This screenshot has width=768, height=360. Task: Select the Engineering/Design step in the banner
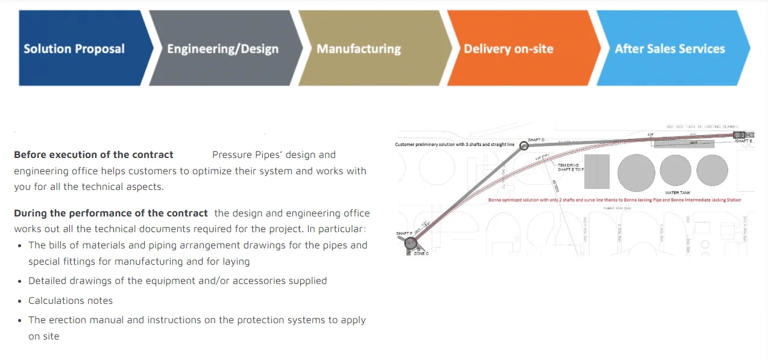pos(223,48)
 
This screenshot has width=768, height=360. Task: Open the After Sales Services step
pos(669,48)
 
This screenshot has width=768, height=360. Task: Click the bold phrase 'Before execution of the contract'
pos(93,155)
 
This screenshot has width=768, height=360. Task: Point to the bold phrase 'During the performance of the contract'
pos(111,213)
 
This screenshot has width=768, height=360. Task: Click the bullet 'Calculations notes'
pos(71,300)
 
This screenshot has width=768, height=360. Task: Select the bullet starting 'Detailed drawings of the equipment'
pos(177,280)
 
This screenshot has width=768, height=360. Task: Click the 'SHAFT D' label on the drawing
pos(536,140)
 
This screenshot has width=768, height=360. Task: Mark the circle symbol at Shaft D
pos(524,145)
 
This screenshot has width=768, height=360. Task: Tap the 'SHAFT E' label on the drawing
pos(744,141)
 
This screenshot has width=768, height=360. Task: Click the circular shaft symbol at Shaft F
pos(411,243)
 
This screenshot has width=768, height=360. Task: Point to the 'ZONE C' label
pos(421,254)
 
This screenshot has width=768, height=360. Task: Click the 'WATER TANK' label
pos(676,192)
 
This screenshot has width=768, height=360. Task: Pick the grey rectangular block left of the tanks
pos(597,171)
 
